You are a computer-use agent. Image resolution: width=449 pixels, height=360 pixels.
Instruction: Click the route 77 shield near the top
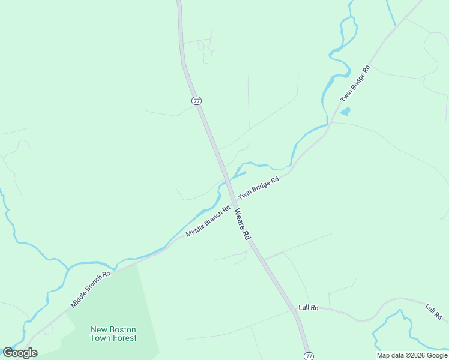(x=197, y=100)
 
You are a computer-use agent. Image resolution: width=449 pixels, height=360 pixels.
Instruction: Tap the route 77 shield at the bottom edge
(x=309, y=356)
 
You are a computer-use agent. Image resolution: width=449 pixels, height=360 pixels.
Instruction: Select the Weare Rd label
(x=241, y=224)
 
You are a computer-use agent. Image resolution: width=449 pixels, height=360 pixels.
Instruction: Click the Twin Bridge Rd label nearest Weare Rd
(x=259, y=188)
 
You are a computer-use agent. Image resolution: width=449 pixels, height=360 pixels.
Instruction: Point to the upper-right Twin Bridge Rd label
(x=356, y=82)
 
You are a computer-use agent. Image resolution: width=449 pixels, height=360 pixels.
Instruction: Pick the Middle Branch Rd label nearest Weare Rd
(x=208, y=221)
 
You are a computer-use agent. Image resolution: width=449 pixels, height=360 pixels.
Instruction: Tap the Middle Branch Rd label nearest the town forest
(x=91, y=289)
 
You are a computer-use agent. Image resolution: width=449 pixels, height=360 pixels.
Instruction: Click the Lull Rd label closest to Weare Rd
(x=307, y=308)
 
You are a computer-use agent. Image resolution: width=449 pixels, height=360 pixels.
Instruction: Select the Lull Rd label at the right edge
(x=433, y=311)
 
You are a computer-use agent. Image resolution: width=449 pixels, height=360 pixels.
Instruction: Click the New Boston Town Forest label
(x=113, y=334)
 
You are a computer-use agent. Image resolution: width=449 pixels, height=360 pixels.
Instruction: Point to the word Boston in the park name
(x=122, y=329)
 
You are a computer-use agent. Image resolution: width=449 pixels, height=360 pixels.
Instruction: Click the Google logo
(x=20, y=353)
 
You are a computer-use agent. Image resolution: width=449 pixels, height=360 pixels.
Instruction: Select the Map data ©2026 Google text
(x=412, y=355)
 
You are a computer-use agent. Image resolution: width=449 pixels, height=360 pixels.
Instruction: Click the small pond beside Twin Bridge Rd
(x=345, y=112)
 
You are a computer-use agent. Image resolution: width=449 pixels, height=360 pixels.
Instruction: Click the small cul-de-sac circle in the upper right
(x=422, y=79)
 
